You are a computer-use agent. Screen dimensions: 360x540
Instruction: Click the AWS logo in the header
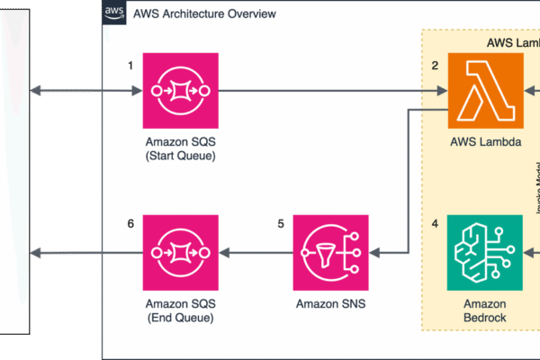pyautogui.click(x=114, y=13)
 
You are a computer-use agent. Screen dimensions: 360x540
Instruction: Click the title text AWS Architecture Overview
pyautogui.click(x=204, y=14)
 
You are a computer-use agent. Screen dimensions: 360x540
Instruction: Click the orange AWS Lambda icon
pyautogui.click(x=485, y=91)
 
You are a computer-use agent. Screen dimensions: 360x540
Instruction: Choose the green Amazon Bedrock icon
pyautogui.click(x=485, y=253)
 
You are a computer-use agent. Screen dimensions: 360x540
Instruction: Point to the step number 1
pyautogui.click(x=130, y=65)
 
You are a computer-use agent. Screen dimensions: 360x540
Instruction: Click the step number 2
pyautogui.click(x=435, y=65)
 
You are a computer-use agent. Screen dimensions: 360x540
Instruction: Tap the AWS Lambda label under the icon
pyautogui.click(x=485, y=142)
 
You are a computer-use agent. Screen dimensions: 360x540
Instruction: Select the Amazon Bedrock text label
pyautogui.click(x=485, y=311)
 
